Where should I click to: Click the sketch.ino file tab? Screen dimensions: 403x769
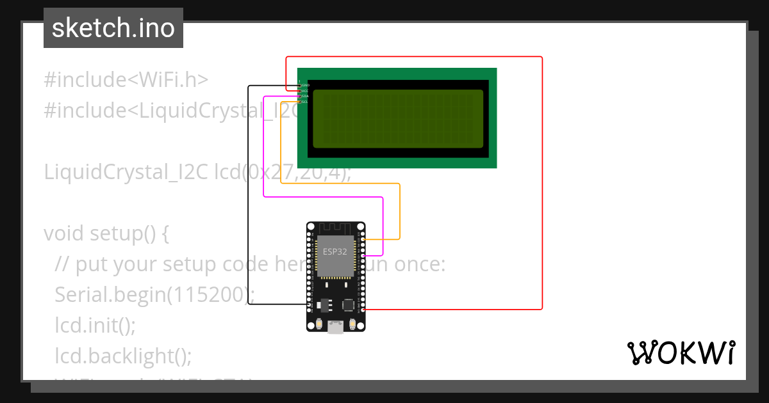click(113, 28)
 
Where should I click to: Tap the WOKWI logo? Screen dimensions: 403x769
click(681, 353)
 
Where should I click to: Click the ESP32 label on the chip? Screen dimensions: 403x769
click(335, 251)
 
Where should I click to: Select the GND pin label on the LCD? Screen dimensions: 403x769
click(306, 85)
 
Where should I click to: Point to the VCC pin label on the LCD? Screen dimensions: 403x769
click(306, 91)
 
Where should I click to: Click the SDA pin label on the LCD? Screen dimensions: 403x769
click(306, 96)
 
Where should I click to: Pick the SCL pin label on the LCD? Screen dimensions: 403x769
click(306, 102)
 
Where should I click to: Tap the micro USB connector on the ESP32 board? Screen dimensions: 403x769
click(335, 327)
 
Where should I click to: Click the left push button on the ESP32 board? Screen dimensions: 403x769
click(318, 325)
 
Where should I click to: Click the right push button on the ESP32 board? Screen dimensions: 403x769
click(352, 325)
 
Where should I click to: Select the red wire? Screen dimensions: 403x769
click(542, 192)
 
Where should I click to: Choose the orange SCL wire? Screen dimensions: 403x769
click(281, 147)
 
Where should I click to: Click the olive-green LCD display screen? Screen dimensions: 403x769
click(397, 118)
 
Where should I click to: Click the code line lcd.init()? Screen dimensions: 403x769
click(95, 325)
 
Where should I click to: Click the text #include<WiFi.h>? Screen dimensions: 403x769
click(126, 80)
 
